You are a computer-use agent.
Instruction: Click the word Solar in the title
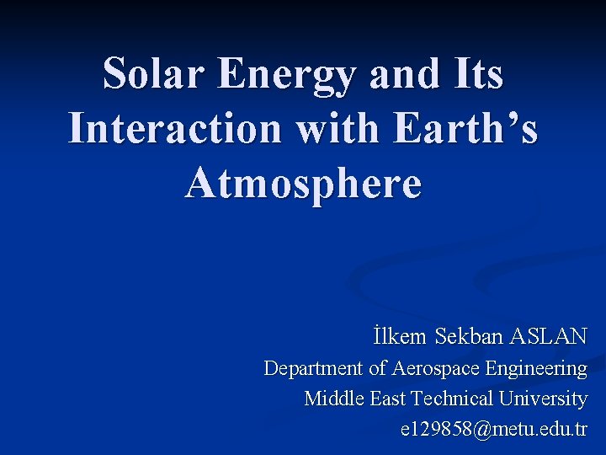pos(151,74)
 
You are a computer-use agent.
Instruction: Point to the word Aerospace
pos(435,368)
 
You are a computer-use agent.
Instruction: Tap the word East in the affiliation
pos(390,399)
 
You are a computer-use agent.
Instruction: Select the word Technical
pos(453,399)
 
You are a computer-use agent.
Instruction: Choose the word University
pos(543,399)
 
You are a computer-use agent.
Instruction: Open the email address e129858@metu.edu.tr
pos(494,429)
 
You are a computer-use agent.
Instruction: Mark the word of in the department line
pos(378,368)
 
